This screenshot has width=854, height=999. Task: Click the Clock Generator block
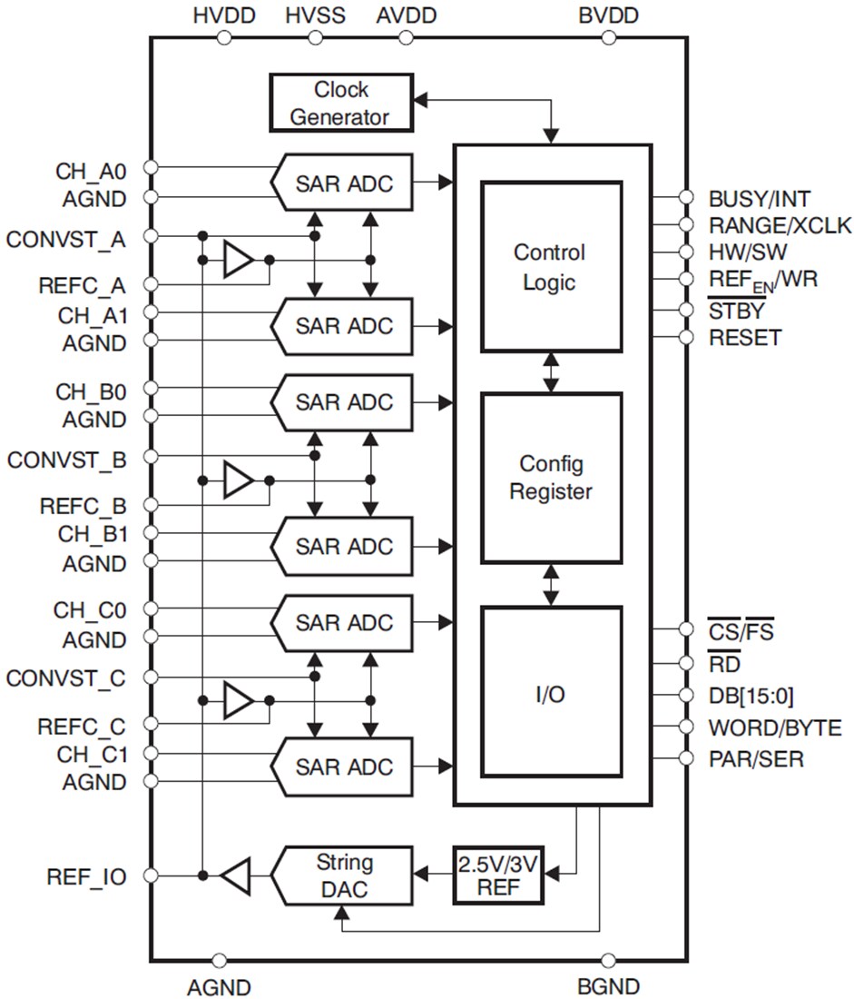pos(341,103)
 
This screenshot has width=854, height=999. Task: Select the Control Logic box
pos(550,266)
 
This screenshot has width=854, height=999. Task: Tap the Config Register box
pos(550,478)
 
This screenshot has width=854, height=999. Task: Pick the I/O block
pos(550,695)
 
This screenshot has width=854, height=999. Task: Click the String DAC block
pos(343,875)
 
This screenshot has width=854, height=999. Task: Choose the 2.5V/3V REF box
pos(497,875)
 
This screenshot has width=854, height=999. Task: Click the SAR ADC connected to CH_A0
pos(343,183)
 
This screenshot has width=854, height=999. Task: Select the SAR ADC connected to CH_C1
pos(343,767)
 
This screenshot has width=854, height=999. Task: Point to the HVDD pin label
pos(224,15)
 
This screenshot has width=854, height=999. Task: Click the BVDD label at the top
pos(608,15)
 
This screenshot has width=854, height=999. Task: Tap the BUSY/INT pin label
pos(760,198)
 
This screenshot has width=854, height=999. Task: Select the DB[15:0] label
pos(751,697)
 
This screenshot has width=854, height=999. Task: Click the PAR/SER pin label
pos(755,758)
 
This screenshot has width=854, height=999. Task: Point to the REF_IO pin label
pos(86,876)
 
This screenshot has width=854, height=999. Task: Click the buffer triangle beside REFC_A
pos(238,260)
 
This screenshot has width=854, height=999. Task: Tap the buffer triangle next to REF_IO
pos(235,876)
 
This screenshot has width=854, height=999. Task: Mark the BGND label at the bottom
pos(608,986)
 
